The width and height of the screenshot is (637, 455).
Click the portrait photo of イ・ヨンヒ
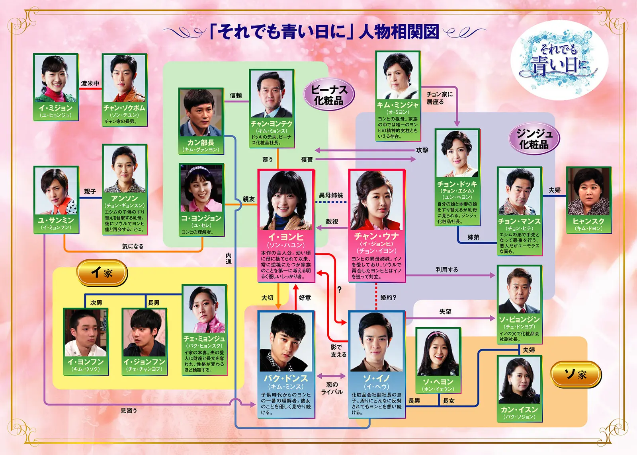click(286, 200)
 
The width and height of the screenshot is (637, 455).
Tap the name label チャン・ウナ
click(376, 236)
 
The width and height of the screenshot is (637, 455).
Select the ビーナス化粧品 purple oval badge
click(328, 95)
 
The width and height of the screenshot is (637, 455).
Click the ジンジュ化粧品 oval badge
click(534, 139)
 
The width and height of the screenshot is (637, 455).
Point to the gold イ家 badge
click(102, 273)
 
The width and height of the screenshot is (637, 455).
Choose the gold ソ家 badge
click(575, 374)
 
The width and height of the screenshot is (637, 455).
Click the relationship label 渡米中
click(90, 83)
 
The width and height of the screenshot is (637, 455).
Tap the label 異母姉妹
click(331, 195)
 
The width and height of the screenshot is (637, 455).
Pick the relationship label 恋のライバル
click(332, 388)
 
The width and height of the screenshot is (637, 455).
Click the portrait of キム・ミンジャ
click(398, 76)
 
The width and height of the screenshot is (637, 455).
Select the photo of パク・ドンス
click(286, 342)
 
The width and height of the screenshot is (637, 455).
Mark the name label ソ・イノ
click(376, 378)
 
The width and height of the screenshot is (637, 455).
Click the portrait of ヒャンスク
click(588, 192)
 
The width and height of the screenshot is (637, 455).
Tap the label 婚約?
click(388, 297)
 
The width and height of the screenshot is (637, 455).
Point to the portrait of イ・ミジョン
click(55, 79)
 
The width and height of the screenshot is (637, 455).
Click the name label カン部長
click(201, 142)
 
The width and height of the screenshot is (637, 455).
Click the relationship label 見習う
click(129, 410)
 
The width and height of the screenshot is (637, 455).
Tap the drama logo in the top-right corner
click(559, 60)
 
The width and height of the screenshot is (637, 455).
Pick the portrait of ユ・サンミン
click(56, 192)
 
